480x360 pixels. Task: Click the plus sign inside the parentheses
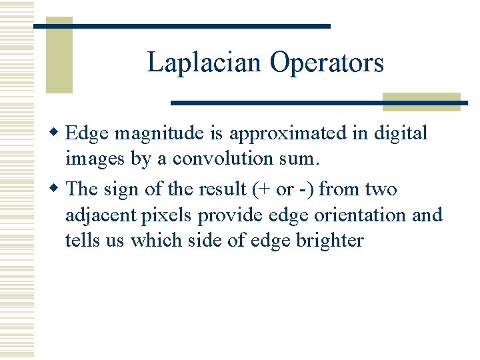tap(265, 190)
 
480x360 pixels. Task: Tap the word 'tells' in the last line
tap(79, 240)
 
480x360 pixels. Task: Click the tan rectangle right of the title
tap(422, 101)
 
